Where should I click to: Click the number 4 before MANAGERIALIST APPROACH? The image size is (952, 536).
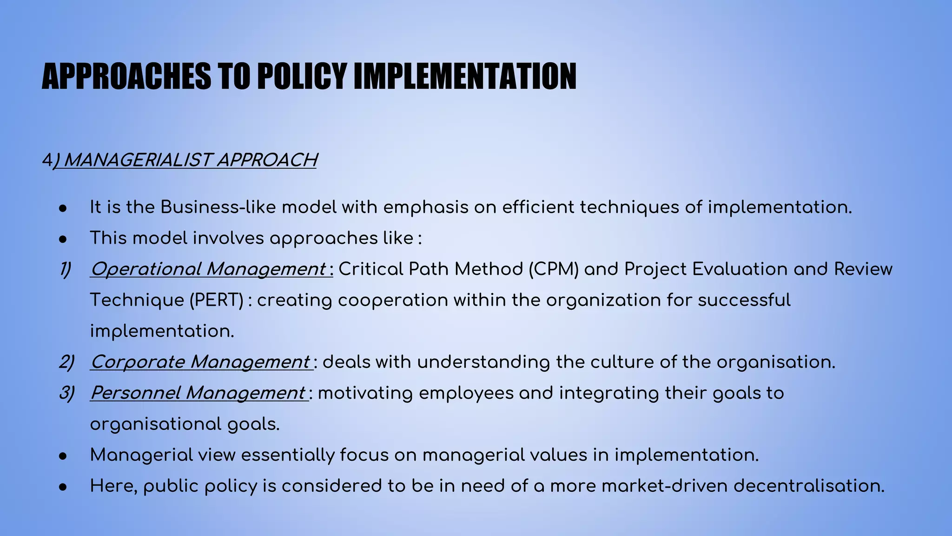click(46, 161)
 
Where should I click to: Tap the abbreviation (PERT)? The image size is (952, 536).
click(216, 300)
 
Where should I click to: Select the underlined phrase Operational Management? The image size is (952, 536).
click(208, 269)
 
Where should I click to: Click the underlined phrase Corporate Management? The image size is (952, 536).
click(200, 362)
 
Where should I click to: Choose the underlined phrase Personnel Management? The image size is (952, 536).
click(198, 393)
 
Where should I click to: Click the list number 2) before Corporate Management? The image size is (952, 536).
click(66, 362)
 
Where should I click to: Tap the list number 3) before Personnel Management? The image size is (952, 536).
click(66, 393)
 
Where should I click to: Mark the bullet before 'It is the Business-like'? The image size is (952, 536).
click(64, 208)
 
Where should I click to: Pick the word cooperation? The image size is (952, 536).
click(393, 300)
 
